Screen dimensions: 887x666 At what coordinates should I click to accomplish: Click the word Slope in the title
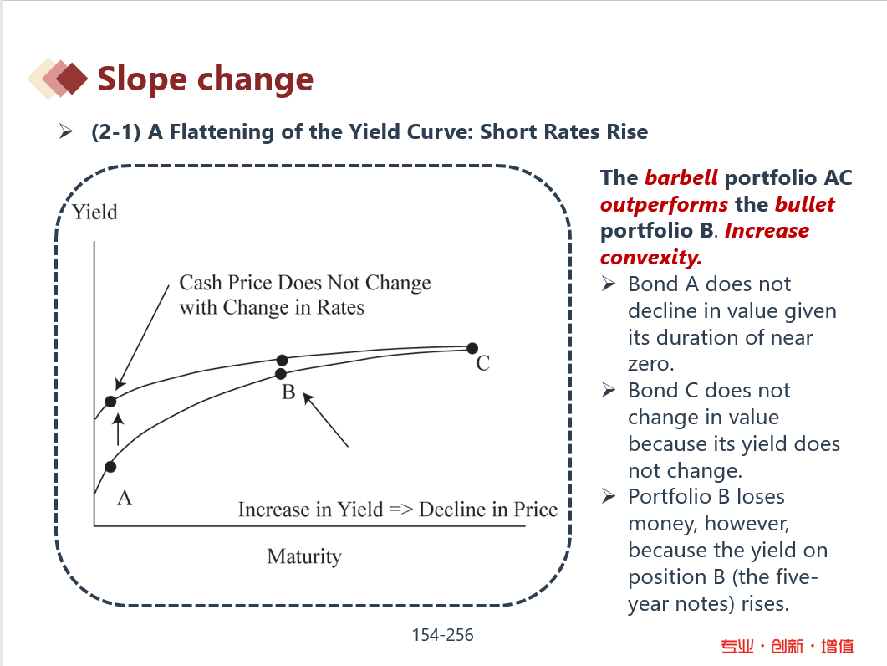pos(141,79)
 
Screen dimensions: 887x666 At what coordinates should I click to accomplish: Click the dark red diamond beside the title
pos(72,78)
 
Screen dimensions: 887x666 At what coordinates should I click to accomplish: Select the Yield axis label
pos(95,213)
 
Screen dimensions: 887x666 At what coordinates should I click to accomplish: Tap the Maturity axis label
pos(304,556)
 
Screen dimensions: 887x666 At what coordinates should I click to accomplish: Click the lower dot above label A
pos(110,467)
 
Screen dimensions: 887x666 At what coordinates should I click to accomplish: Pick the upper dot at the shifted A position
pos(110,402)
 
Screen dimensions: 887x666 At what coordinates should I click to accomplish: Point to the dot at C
pos(472,348)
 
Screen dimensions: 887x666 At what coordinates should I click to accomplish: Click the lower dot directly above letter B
pos(281,374)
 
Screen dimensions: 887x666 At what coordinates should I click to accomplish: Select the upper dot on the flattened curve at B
pos(283,360)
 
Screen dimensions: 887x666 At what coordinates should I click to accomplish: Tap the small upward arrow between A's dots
pos(118,429)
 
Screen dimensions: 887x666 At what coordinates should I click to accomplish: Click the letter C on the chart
pos(482,363)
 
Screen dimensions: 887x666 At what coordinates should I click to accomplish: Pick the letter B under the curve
pos(288,392)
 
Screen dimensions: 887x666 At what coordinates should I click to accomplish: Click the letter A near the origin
pos(125,498)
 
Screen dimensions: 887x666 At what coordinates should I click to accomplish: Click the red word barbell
pos(681,178)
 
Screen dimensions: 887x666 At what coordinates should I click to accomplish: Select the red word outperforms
pos(664,204)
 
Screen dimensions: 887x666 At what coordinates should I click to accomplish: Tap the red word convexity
pos(651,258)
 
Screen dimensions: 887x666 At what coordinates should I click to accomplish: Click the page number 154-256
pos(442,635)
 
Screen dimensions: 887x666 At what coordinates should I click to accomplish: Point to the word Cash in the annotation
pos(201,282)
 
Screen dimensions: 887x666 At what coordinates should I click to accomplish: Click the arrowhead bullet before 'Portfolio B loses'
pos(609,497)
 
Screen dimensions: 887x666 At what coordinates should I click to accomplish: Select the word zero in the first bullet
pos(651,364)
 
